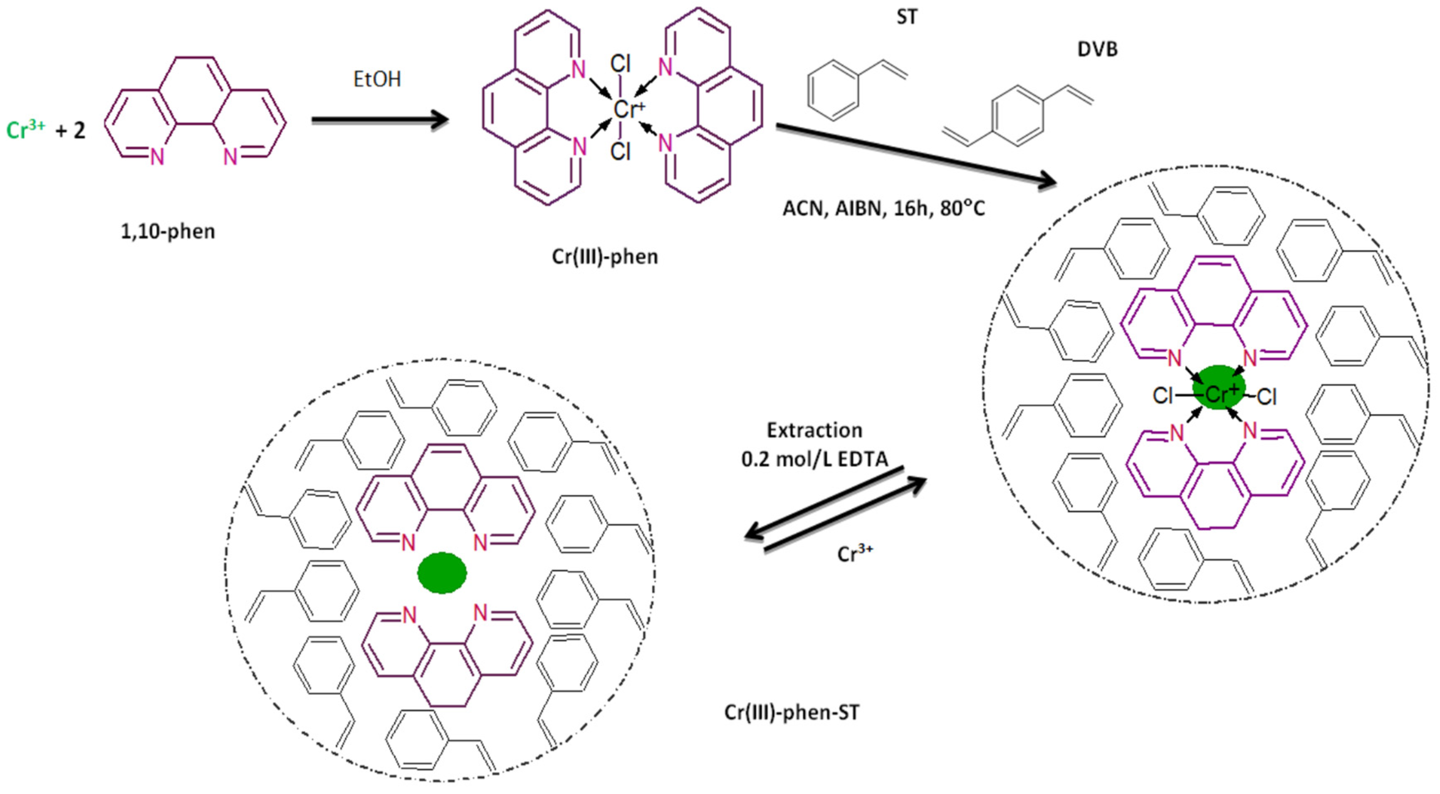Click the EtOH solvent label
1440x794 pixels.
point(377,79)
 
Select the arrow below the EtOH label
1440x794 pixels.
point(380,120)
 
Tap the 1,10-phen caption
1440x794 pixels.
point(168,231)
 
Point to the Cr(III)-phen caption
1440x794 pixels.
point(605,257)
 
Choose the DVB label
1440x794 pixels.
point(1097,49)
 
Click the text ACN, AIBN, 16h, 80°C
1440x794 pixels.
point(883,208)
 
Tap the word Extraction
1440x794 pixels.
point(814,430)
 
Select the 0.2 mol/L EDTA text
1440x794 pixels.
point(814,459)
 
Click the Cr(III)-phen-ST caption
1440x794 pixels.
point(792,712)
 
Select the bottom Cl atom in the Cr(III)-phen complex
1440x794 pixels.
point(621,151)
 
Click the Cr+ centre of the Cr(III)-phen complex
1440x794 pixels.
point(627,109)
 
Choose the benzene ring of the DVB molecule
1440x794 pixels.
point(1017,116)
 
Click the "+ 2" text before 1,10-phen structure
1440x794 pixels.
point(70,130)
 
